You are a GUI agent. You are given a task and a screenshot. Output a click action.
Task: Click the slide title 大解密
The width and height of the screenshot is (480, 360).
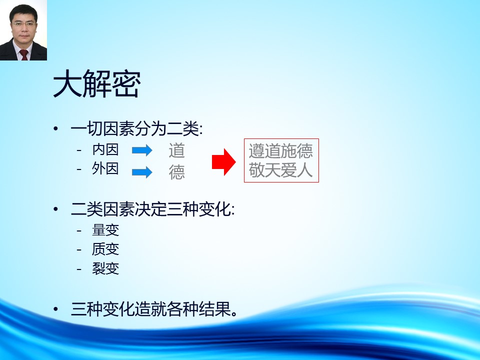[96, 83]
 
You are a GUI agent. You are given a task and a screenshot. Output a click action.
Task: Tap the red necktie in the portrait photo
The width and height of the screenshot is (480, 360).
[24, 54]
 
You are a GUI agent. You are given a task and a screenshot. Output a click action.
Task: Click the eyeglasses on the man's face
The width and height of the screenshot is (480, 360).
[23, 23]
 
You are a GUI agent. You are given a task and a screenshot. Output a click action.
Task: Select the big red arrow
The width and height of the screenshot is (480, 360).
[224, 162]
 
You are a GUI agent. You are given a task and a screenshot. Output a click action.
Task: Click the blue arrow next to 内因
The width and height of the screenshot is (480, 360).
[142, 150]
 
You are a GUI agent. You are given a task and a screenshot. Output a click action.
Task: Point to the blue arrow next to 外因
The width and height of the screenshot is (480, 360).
[142, 172]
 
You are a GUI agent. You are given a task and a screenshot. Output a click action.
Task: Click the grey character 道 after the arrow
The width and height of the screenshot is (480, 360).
[176, 150]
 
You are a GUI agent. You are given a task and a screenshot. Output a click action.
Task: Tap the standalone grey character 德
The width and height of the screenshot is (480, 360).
[176, 172]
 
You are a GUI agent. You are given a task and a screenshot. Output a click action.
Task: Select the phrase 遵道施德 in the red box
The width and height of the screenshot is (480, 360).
[280, 150]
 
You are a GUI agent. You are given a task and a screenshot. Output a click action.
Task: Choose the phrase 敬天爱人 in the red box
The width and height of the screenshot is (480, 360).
[280, 170]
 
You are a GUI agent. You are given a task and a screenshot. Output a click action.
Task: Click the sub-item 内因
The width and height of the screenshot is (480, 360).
[105, 149]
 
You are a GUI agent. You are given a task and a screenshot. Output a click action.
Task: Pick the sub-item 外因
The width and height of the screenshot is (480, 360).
[105, 168]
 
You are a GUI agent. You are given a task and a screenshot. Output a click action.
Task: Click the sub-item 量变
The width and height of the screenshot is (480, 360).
[105, 230]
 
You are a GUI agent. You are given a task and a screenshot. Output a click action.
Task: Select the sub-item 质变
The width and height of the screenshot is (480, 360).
[105, 249]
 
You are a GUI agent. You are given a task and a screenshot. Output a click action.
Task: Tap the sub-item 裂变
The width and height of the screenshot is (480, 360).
[105, 268]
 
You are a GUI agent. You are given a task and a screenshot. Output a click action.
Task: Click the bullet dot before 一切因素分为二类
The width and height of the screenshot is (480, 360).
[55, 129]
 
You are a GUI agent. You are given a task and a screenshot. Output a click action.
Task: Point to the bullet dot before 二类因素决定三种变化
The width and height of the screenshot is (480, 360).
[55, 209]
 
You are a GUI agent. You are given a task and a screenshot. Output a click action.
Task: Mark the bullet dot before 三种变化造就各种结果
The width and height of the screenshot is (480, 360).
[55, 309]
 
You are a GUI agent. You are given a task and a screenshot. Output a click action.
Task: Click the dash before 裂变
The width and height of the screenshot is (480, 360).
[79, 269]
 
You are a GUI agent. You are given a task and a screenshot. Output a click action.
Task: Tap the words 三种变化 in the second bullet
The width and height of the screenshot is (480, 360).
[198, 209]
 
